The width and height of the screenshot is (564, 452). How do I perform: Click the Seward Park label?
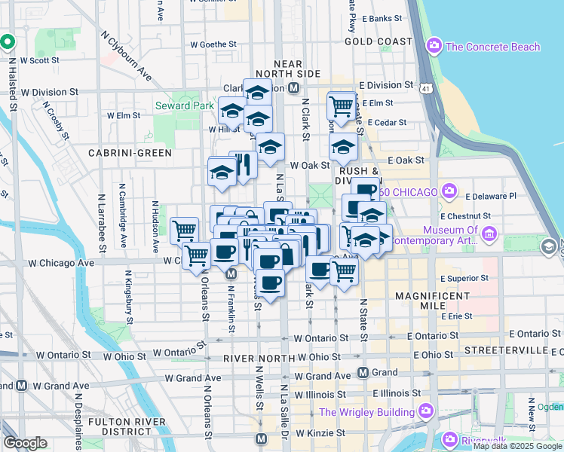(x=184, y=106)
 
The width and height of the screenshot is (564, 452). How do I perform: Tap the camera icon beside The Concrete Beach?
(x=434, y=47)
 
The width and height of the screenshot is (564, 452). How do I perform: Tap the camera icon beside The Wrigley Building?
(x=426, y=412)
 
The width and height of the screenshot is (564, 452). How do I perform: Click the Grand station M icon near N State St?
(x=363, y=372)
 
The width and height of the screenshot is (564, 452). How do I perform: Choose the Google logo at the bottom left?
(x=26, y=442)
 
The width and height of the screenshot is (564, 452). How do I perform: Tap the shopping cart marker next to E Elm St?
(x=342, y=107)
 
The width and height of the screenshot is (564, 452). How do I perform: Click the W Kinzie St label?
(x=320, y=434)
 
